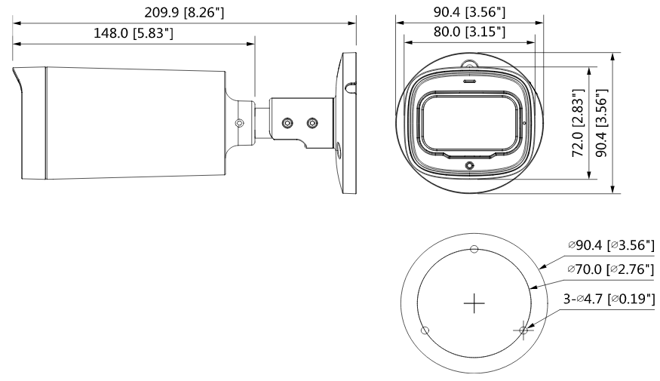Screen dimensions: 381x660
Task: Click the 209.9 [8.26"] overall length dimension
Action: click(184, 12)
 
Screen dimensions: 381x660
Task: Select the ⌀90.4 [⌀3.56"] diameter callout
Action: click(612, 245)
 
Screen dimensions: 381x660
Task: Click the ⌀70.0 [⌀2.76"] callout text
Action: click(612, 269)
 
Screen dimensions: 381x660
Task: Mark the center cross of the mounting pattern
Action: click(474, 303)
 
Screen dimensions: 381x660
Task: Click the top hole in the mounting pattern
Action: click(474, 250)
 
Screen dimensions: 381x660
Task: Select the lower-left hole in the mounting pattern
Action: click(425, 330)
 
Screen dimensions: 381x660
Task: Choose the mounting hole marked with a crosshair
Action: click(523, 330)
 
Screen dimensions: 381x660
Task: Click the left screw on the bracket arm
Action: click(287, 122)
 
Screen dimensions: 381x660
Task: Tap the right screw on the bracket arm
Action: click(311, 122)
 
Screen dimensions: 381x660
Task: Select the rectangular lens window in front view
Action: click(468, 119)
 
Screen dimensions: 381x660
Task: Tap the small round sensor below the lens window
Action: click(469, 164)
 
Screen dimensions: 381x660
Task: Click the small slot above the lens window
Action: click(468, 77)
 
